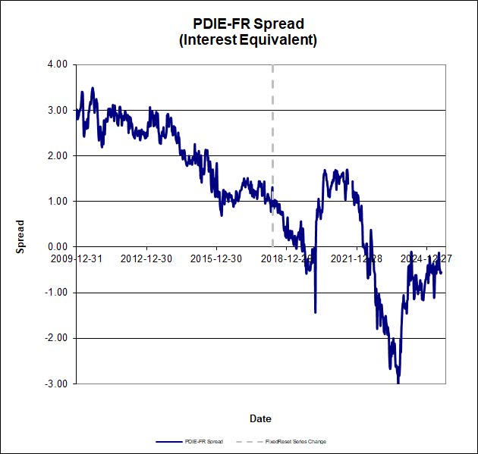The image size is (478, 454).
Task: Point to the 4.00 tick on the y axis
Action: point(58,64)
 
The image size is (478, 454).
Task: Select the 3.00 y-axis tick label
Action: point(58,110)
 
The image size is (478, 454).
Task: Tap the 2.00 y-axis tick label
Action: point(58,155)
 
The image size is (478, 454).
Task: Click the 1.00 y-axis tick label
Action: point(58,201)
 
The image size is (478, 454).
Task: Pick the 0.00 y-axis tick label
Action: point(58,247)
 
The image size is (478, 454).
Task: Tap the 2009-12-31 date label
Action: point(77,258)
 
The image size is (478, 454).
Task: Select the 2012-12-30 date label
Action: point(147,258)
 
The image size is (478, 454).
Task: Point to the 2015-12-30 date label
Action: point(217,258)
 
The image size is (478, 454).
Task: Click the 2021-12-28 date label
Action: point(357,258)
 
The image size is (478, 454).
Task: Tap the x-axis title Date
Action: point(260,418)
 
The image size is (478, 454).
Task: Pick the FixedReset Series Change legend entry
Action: point(297,441)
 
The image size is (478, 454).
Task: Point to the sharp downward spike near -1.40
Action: point(315,312)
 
